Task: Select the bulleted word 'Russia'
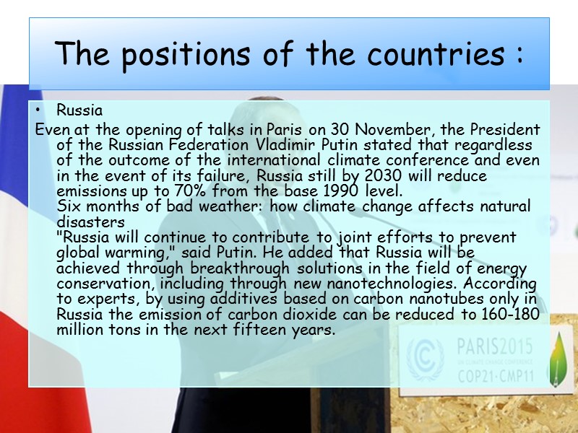point(79,111)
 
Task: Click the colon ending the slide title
point(519,55)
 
